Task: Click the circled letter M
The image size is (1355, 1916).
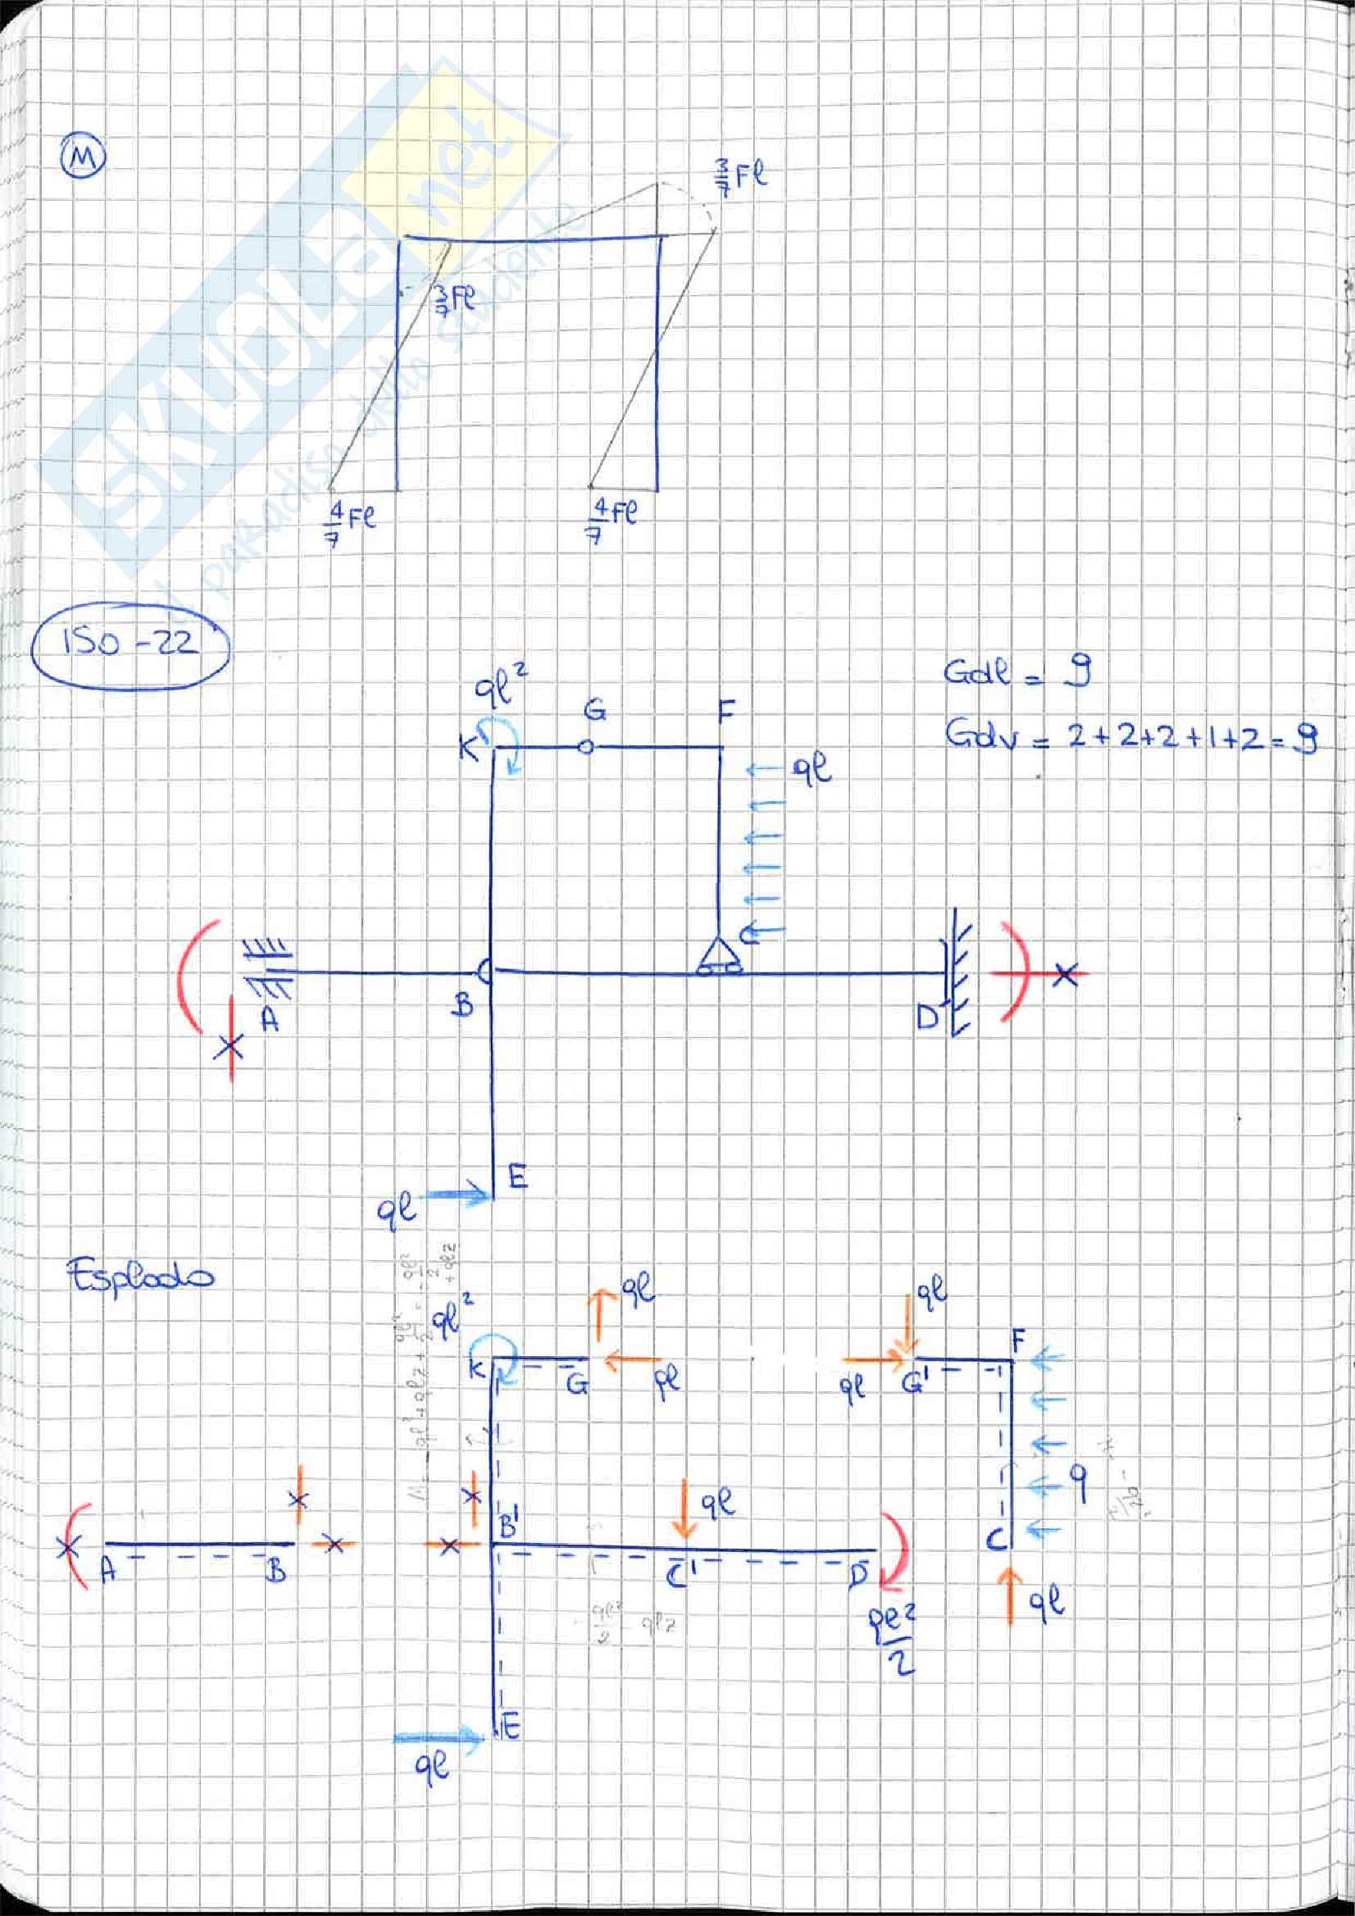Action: (x=84, y=157)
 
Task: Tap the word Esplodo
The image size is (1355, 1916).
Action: (x=139, y=1276)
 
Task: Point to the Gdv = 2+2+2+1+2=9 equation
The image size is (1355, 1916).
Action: (x=1130, y=735)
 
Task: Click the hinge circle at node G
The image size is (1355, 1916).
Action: (x=587, y=747)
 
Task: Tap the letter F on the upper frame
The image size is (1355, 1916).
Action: (x=726, y=711)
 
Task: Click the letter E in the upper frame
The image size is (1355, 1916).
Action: (x=517, y=1177)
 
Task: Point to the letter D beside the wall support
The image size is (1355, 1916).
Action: (x=928, y=1017)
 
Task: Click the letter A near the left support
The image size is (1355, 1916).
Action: (x=269, y=1019)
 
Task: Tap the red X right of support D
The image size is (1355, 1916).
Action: (x=1065, y=973)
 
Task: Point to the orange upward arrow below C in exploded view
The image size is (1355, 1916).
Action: (x=1010, y=1595)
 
